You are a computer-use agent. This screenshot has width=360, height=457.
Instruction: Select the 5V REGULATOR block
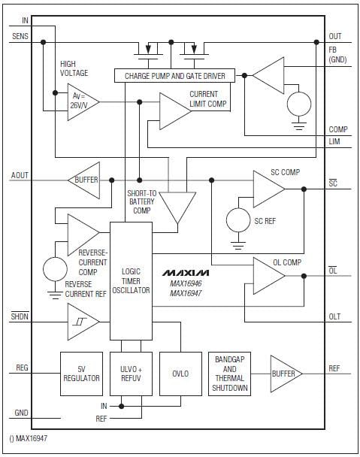(81, 374)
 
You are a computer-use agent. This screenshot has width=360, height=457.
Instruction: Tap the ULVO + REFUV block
(131, 374)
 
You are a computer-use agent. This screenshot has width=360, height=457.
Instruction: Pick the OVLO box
(181, 374)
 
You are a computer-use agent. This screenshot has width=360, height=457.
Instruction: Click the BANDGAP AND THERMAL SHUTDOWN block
(231, 373)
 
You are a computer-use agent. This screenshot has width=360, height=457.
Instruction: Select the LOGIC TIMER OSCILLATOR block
(131, 280)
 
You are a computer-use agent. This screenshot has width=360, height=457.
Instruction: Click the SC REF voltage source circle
(238, 220)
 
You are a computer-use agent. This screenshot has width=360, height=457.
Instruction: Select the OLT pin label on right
(335, 316)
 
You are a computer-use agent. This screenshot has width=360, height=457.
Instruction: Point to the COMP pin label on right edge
(337, 129)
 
